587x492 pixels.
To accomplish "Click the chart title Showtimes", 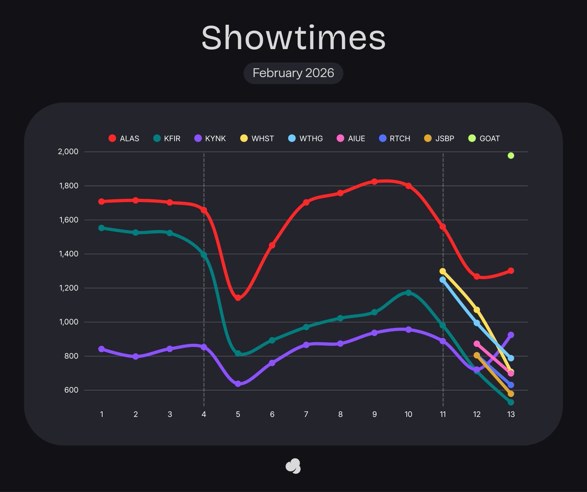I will tap(293, 38).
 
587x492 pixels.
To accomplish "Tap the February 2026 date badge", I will tap(293, 73).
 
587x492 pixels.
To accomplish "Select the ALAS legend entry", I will tap(124, 138).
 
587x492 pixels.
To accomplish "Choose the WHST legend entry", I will tap(257, 138).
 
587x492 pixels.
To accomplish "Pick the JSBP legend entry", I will tap(439, 138).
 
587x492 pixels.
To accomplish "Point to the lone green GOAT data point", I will tap(511, 156).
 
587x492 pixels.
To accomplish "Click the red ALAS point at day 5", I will tap(238, 297).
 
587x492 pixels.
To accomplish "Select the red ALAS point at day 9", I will tap(374, 181).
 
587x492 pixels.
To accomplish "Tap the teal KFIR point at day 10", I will tap(408, 293).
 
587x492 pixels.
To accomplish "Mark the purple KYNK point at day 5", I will tap(238, 384).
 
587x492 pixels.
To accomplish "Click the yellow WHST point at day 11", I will tap(443, 271).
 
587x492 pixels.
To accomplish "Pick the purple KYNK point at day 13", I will tap(511, 335).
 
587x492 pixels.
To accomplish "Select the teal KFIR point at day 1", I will tap(101, 228).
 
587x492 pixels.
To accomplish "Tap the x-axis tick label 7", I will tap(306, 414).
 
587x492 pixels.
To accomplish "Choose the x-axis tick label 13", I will tap(511, 414).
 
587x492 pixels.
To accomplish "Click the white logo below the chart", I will tap(293, 466).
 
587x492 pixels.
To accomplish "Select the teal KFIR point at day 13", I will tap(511, 402).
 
